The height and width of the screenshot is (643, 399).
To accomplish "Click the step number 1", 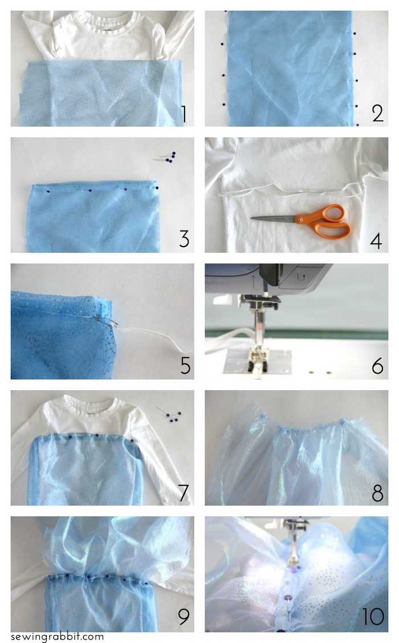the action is click(184, 114).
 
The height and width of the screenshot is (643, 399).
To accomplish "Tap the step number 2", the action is click(378, 114).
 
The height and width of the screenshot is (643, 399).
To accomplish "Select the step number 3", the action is click(184, 239).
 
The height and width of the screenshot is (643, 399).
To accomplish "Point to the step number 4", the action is click(376, 241).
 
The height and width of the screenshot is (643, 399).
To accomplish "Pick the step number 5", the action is click(186, 365).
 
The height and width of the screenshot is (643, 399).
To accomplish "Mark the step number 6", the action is click(378, 366).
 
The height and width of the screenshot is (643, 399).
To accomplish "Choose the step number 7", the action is click(184, 492).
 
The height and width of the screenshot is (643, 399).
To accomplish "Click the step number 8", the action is click(378, 493).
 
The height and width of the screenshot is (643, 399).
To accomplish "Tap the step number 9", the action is click(184, 616).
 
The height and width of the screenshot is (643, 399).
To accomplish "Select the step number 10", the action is click(373, 617).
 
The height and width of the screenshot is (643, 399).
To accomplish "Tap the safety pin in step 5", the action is click(105, 320).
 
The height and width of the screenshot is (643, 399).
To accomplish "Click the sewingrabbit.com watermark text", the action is click(58, 637).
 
